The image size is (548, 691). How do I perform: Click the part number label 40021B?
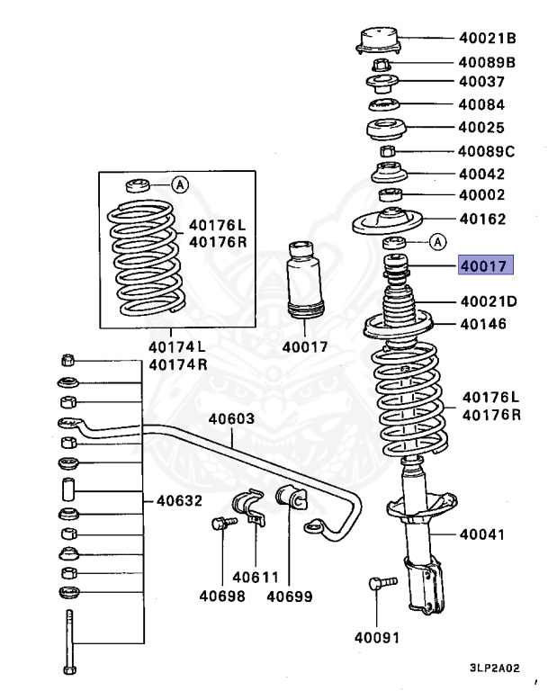487,38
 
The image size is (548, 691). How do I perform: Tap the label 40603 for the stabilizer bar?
232,418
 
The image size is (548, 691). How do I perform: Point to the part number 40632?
179,501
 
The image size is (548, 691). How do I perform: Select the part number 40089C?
487,151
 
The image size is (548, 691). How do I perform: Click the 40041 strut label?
483,534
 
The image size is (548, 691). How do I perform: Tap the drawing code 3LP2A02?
494,669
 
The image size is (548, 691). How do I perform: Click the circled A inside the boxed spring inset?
180,185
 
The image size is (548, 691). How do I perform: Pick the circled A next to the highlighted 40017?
436,241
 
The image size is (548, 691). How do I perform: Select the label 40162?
482,219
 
